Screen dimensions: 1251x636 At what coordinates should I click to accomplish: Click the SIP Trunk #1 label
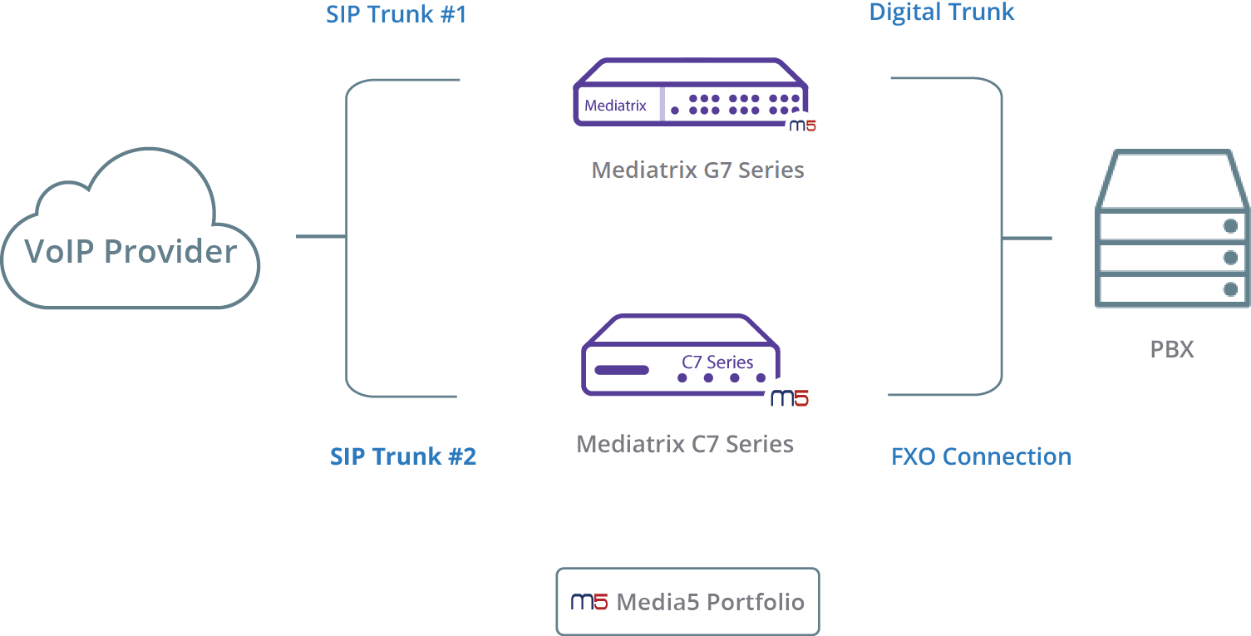[x=396, y=14]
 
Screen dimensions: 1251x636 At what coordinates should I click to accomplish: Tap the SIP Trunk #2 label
[x=402, y=456]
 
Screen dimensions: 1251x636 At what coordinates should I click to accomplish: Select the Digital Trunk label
[x=942, y=12]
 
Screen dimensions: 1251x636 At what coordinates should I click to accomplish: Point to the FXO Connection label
[x=981, y=456]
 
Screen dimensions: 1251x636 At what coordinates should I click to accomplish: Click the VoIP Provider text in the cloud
[x=131, y=251]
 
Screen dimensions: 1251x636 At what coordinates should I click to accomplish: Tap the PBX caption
[x=1172, y=349]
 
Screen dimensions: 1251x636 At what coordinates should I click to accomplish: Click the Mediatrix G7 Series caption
[x=697, y=170]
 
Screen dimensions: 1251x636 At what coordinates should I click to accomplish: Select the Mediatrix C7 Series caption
[x=685, y=444]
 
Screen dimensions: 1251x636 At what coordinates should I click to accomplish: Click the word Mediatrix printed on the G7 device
[x=615, y=106]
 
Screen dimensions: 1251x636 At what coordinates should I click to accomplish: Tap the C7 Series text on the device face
[x=717, y=362]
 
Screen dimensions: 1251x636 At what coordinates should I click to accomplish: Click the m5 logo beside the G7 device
[x=802, y=126]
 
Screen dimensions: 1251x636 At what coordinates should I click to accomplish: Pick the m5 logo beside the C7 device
[x=790, y=398]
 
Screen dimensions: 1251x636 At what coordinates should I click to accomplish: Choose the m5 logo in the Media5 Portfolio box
[x=589, y=602]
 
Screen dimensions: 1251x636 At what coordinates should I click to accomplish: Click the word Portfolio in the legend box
[x=756, y=602]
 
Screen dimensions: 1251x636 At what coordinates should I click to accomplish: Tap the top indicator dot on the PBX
[x=1230, y=226]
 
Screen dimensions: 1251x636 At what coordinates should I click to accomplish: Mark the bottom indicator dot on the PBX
[x=1230, y=289]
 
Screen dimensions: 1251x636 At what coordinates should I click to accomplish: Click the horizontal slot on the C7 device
[x=622, y=370]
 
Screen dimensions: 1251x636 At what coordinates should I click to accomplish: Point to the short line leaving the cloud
[x=321, y=236]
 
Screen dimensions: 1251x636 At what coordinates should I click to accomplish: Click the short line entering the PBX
[x=1027, y=239]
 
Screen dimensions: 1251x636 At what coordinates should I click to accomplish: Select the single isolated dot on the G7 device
[x=675, y=111]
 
